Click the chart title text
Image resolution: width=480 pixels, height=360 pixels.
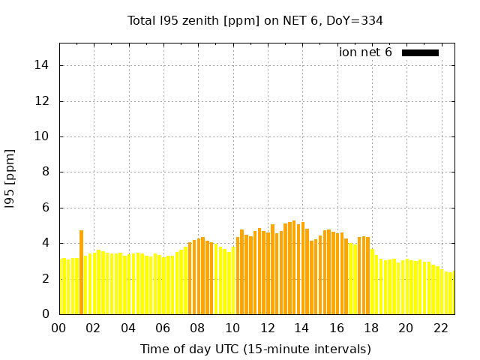[x=255, y=20]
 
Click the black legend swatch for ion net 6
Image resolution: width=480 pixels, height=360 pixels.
[x=420, y=52]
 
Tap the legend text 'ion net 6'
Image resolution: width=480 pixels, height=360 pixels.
[x=365, y=52]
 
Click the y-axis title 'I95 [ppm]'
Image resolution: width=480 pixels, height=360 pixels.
[x=10, y=178]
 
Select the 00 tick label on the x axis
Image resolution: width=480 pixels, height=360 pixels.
[x=59, y=328]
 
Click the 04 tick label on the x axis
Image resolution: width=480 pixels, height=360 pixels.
[x=128, y=328]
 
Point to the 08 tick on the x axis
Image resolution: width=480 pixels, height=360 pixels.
[x=197, y=328]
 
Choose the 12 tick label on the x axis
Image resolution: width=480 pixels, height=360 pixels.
[x=267, y=328]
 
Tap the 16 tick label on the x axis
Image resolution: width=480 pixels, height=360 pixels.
[x=336, y=328]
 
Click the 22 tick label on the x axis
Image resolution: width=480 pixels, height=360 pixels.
[x=440, y=328]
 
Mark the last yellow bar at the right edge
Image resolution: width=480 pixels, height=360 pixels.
[x=452, y=294]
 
